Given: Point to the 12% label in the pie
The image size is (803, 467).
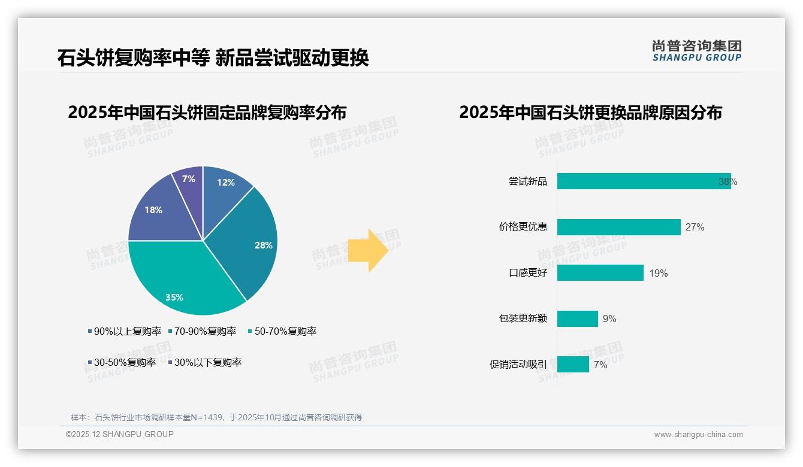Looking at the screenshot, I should click(226, 183).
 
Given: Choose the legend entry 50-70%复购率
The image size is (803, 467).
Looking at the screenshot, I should click(285, 331).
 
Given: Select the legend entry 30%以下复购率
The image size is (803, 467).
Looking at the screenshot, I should click(207, 362).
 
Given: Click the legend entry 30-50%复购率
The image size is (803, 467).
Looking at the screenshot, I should click(125, 362).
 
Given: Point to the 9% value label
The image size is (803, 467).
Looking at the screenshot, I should click(609, 319).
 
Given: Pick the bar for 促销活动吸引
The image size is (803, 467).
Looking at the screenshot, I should click(573, 365).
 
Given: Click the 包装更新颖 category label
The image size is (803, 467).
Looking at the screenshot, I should click(523, 319).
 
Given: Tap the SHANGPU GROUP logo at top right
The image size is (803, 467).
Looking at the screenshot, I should click(696, 51).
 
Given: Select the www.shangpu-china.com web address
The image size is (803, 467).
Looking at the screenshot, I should click(698, 435).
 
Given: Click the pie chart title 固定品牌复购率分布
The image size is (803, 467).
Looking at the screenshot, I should click(207, 113).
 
